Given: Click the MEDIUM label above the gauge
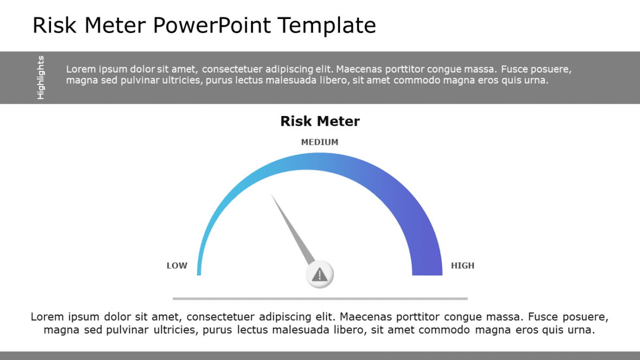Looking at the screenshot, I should point(319,142).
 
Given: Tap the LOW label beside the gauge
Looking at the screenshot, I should point(177,266).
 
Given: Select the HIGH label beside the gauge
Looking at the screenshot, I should point(463,266).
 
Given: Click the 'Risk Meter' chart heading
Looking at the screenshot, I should point(319,121).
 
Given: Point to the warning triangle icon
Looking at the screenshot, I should point(320,274).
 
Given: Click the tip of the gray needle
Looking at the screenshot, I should point(272,196).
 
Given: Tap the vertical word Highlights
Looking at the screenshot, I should point(41,78).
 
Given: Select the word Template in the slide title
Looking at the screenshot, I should point(327,25).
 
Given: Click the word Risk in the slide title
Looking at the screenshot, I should point(52,25).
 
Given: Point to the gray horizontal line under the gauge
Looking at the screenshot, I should point(320,298).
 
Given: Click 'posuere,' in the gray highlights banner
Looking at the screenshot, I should point(550,69).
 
